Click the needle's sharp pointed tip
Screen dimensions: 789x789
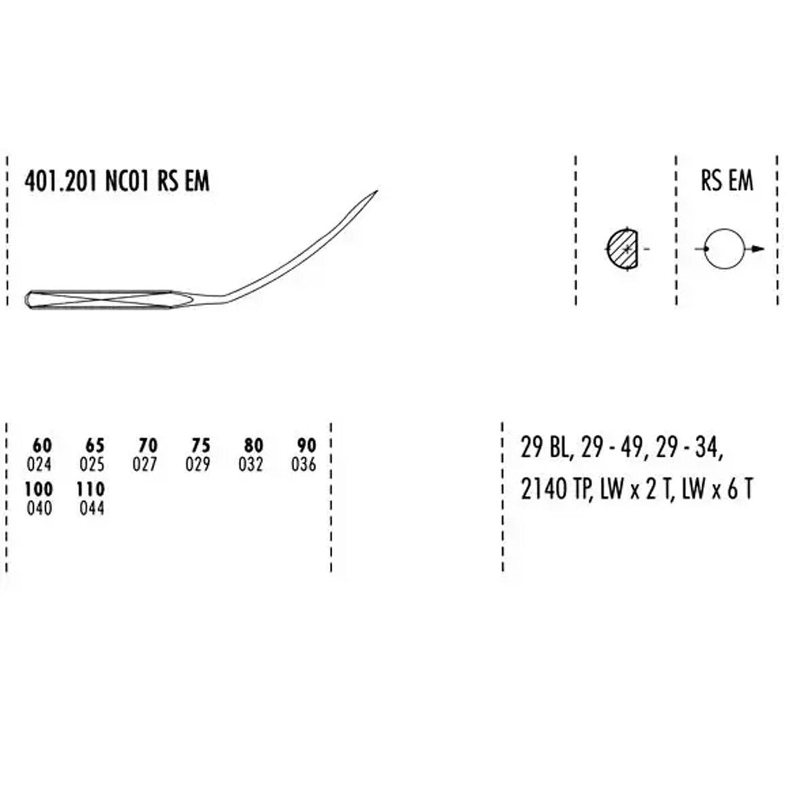pos(377,190)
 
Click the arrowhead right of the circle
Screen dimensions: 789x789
pos(759,249)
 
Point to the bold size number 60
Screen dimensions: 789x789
pos(43,445)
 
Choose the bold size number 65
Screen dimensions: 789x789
pos(95,445)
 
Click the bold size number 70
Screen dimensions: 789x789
pos(148,445)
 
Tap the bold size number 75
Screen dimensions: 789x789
pos(200,445)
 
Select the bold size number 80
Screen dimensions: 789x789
pos(253,445)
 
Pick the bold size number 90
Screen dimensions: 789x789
pos(307,445)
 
